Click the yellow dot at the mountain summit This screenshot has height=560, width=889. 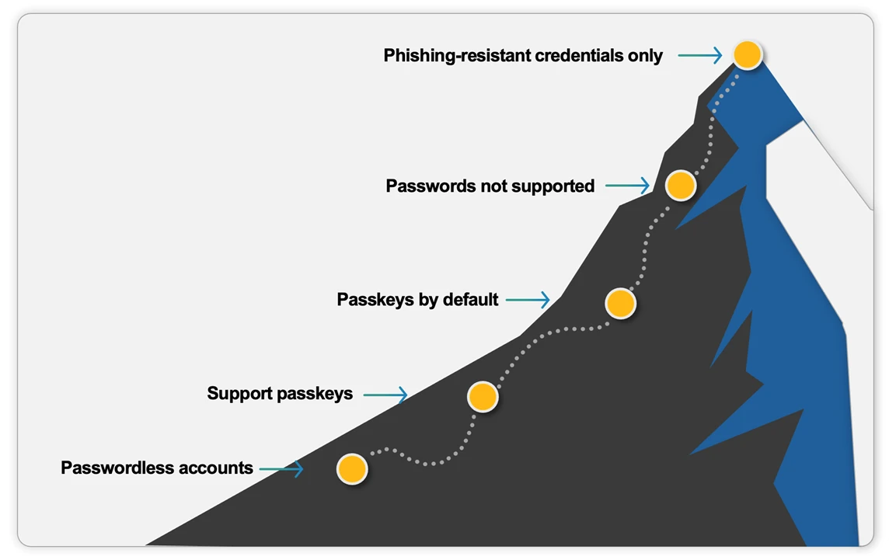(747, 54)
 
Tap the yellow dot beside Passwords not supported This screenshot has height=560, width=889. (680, 185)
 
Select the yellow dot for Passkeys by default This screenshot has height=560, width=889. (620, 303)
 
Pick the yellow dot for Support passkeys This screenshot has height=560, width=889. (483, 396)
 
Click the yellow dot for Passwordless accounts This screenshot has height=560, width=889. (351, 469)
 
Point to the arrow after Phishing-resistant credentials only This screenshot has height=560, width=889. (700, 55)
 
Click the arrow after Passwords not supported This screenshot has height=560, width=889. (627, 186)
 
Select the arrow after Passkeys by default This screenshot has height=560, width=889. (528, 299)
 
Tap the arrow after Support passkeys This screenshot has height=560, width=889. (385, 395)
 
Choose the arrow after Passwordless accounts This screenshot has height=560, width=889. (281, 468)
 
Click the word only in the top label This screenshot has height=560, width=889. (647, 56)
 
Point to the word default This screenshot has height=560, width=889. (470, 300)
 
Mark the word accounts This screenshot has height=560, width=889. (216, 468)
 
